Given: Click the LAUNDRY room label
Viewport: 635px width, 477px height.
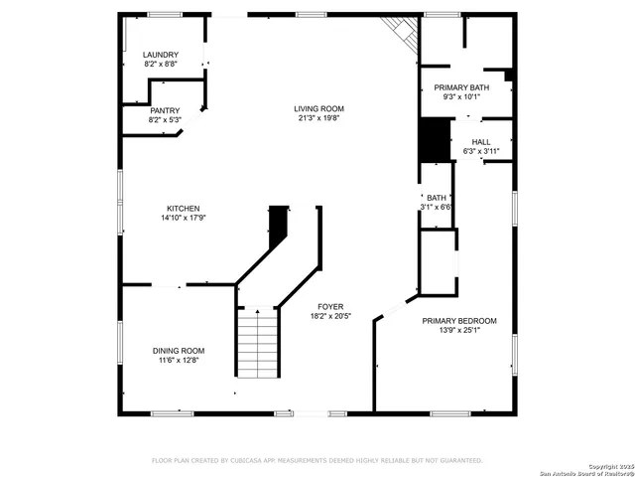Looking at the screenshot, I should (x=161, y=55).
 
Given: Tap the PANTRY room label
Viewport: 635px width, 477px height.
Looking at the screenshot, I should (x=165, y=110).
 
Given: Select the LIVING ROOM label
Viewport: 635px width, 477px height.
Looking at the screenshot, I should (x=317, y=108).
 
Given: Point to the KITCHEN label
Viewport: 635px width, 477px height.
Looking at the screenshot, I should (x=183, y=209).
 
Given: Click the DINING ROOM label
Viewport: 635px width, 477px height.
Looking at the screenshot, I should (x=179, y=351).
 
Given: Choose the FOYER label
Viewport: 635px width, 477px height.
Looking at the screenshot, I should (x=330, y=306).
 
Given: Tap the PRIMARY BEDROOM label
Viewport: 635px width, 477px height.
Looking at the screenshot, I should (x=458, y=321).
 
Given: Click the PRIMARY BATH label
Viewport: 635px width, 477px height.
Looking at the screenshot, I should (x=465, y=87).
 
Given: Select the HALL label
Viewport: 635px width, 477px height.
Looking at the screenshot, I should (x=481, y=142).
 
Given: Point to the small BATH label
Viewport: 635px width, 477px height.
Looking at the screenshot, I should (x=437, y=198).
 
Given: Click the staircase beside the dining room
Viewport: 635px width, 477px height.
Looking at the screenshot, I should (x=257, y=343).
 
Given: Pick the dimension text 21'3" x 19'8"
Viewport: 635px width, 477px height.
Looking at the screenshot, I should (x=317, y=118).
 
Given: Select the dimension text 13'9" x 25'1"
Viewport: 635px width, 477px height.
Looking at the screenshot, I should (x=458, y=331).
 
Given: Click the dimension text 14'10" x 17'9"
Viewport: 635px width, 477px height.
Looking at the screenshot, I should (x=183, y=219).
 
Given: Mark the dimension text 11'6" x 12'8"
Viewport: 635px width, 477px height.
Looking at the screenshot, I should (x=179, y=361).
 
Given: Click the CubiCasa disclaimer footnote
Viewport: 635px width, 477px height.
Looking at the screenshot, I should (x=317, y=461).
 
